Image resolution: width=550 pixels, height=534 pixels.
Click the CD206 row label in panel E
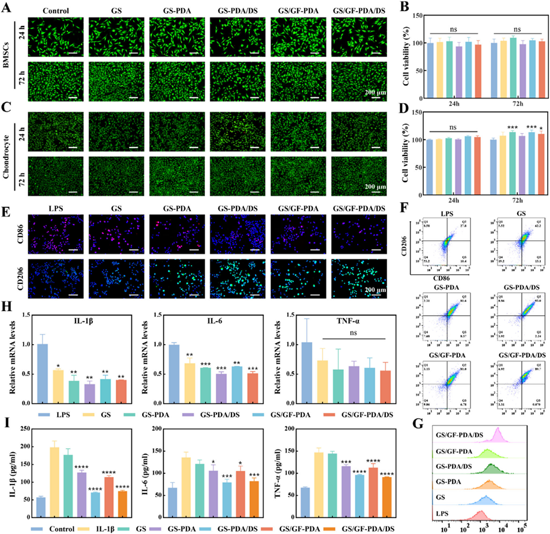point(12,282)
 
